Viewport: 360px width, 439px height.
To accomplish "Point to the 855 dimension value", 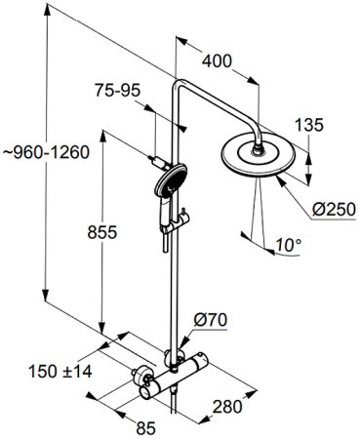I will [102, 232].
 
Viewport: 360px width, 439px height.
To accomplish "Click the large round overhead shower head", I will [260, 156].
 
